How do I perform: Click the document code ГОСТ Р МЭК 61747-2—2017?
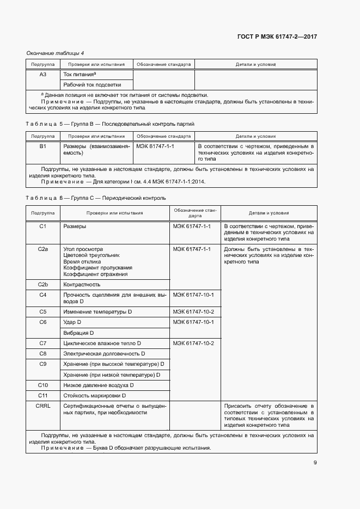277,36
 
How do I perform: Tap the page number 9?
315,463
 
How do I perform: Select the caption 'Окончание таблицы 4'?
55,53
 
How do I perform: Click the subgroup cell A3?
43,74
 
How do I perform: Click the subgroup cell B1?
43,146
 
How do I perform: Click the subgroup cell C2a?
43,249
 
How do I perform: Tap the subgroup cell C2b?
43,284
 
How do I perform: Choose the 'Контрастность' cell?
82,284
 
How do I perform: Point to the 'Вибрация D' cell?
79,333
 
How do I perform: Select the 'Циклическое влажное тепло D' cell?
102,343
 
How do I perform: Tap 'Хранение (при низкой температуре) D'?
112,375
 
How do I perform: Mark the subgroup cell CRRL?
43,406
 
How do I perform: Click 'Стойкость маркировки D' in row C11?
95,395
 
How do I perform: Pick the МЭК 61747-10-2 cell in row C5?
193,312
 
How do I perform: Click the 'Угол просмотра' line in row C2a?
83,249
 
